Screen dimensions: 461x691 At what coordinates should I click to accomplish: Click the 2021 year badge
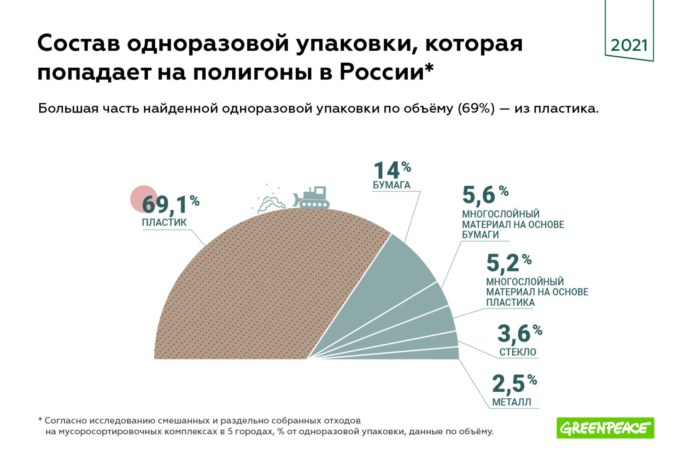point(629,45)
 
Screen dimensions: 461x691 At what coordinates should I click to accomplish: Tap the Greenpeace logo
point(605,428)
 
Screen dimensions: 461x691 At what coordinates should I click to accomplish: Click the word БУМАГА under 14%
point(391,185)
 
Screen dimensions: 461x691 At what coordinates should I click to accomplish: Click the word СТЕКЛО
point(517,352)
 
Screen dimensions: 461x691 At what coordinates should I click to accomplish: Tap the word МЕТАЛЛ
point(511,402)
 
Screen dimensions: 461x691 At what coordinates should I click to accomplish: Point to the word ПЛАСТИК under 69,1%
point(164,222)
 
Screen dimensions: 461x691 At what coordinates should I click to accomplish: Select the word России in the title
point(381,72)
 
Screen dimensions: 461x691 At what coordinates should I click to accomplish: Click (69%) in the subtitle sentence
point(476,109)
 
